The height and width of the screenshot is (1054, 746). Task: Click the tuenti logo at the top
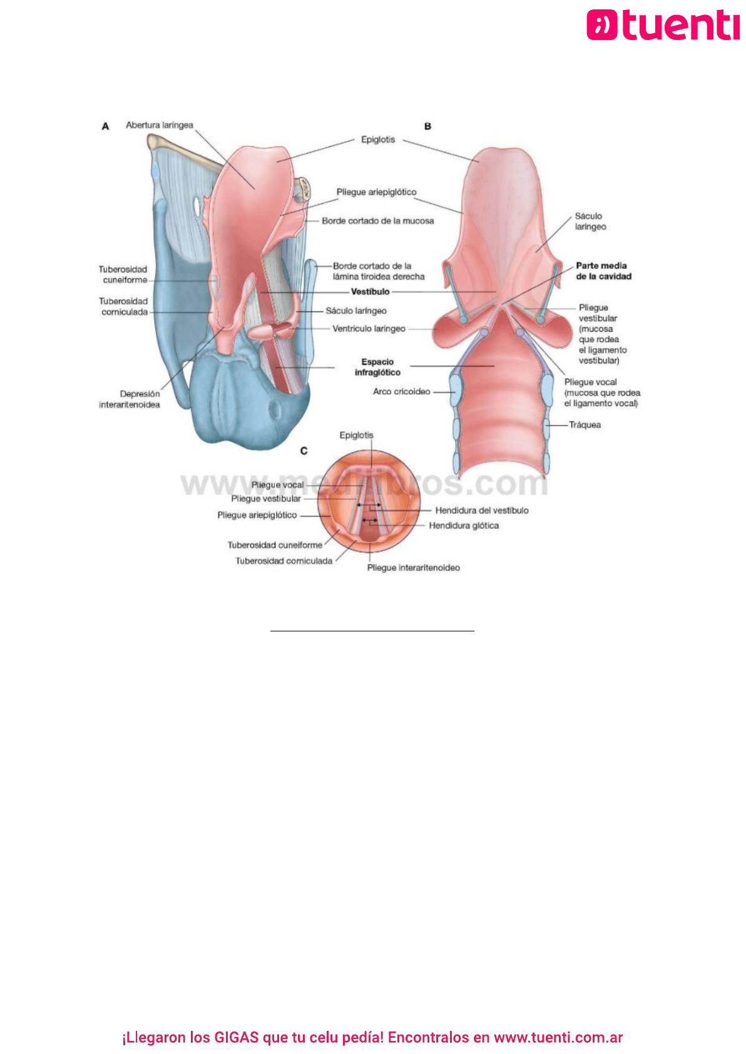point(663,25)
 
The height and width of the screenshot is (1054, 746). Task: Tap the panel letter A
point(106,126)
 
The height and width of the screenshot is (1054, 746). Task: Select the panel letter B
point(427,126)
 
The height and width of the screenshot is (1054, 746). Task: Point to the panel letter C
point(304,451)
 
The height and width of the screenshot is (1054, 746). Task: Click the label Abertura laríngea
point(159,125)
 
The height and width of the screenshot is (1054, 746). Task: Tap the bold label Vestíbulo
point(370,292)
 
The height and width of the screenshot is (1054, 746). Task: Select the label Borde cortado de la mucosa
point(378,221)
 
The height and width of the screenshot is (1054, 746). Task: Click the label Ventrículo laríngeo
point(369,328)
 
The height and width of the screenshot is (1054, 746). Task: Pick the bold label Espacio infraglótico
point(378,367)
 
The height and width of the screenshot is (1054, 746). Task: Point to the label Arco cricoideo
point(401,391)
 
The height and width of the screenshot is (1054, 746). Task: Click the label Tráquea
point(585,425)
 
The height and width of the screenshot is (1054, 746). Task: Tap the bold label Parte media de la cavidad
point(604,271)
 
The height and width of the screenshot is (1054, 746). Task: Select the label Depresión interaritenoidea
point(130,399)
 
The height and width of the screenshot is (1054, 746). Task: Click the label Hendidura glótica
point(464,526)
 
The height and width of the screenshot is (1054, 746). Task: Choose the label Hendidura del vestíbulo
point(482,511)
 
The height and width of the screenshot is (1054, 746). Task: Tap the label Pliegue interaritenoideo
point(414,568)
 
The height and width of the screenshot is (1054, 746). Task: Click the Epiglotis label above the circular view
point(357,435)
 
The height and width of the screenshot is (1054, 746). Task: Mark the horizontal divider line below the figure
point(372,631)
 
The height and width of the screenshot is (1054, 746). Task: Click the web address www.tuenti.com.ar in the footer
point(558,1037)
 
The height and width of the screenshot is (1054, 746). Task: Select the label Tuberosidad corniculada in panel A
point(123,306)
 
